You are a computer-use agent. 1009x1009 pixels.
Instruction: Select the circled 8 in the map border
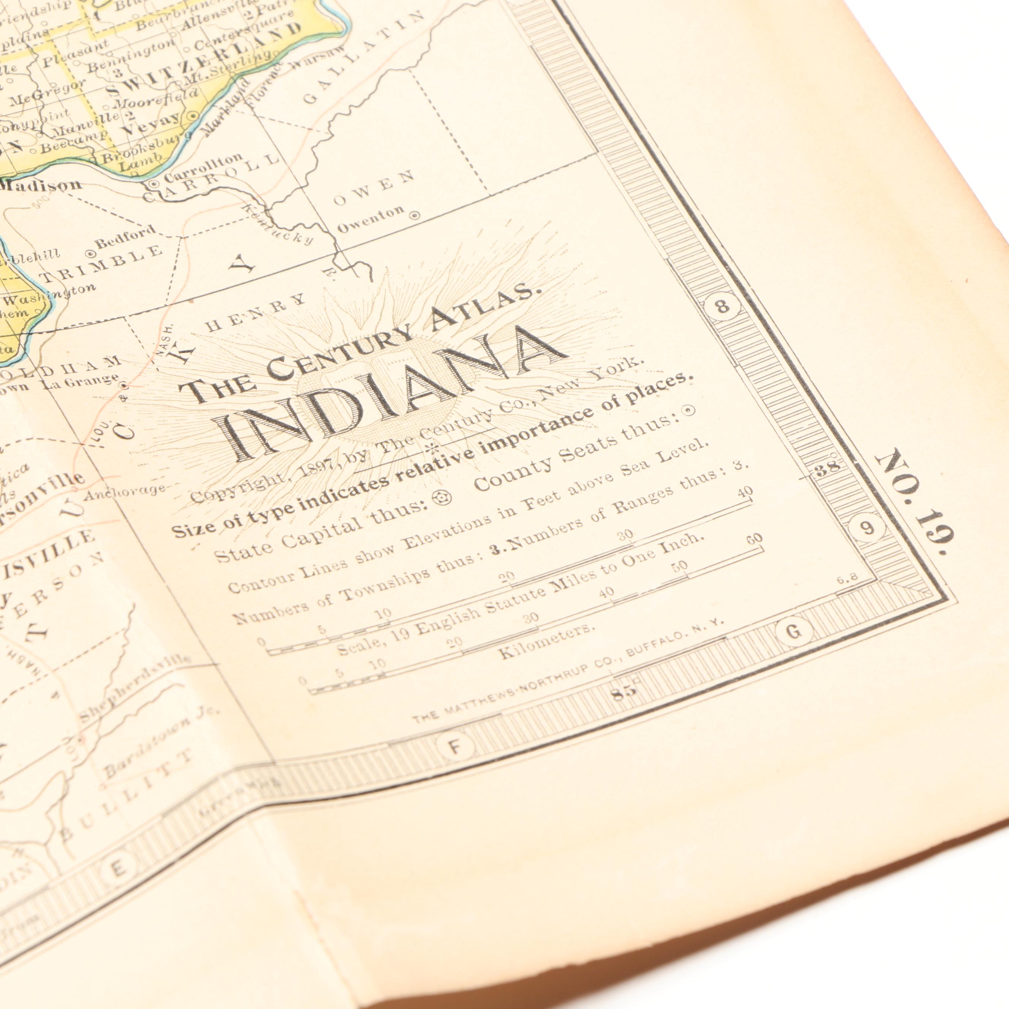[x=723, y=306]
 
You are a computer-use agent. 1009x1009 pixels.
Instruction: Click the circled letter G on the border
[x=793, y=633]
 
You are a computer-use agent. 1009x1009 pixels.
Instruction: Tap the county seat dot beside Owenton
[x=415, y=215]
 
